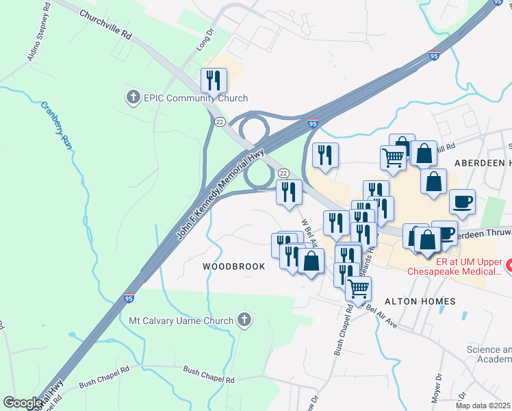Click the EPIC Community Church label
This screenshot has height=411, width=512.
(x=195, y=99)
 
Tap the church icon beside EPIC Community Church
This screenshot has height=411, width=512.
(x=133, y=99)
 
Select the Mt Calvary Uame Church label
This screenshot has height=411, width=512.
(x=181, y=320)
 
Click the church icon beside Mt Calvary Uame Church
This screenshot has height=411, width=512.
(x=244, y=320)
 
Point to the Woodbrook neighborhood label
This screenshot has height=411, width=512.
(x=233, y=266)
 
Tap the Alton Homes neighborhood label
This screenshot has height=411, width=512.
(x=420, y=301)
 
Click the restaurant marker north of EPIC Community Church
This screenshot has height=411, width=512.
(x=214, y=81)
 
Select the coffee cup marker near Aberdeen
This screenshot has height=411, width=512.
(x=462, y=202)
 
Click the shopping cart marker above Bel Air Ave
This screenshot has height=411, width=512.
(x=359, y=288)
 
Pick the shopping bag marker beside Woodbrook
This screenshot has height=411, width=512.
(x=311, y=261)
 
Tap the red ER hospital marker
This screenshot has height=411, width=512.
(x=509, y=264)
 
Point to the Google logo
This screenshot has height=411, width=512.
(x=23, y=402)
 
